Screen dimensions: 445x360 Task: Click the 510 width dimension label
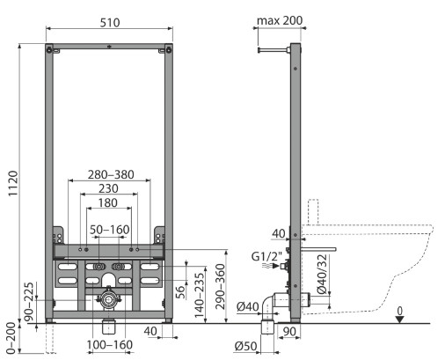110,23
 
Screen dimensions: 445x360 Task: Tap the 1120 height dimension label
13,184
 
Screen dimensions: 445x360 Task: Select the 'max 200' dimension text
280,20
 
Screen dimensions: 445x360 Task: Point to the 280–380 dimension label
111,174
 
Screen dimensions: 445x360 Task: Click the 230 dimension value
108,188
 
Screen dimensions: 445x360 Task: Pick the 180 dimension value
108,203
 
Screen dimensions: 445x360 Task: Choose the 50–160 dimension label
110,230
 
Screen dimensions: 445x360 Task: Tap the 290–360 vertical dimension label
220,287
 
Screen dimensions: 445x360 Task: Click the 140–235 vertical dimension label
200,296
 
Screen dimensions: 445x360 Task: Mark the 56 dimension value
180,292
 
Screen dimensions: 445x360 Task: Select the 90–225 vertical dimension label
29,302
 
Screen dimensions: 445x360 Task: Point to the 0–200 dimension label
11,337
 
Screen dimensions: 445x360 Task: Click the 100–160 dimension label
110,345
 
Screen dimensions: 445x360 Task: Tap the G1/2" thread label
266,257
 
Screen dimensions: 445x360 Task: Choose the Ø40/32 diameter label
322,274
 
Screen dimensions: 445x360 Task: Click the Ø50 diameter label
246,347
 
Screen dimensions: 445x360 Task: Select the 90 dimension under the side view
289,332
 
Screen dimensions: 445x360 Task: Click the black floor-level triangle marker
400,320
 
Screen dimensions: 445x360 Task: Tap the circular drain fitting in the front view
108,299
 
